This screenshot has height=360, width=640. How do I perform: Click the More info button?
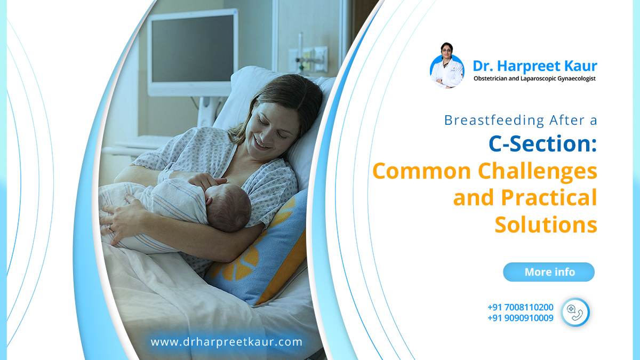[549, 272]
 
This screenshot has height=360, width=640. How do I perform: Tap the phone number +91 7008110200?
[521, 307]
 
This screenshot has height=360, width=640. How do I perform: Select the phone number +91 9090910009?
[521, 318]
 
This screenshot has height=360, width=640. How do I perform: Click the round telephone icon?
[575, 313]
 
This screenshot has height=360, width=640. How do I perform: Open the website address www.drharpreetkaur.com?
[226, 342]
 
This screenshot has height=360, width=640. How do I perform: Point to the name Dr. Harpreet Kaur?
[535, 66]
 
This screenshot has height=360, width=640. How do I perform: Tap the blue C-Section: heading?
[543, 143]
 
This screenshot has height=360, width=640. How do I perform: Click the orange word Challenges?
[538, 171]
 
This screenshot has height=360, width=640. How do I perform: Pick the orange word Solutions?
[546, 225]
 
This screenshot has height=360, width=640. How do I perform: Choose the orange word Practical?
[549, 198]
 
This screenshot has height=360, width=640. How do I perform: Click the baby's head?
[228, 206]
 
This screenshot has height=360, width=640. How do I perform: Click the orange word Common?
[422, 171]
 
